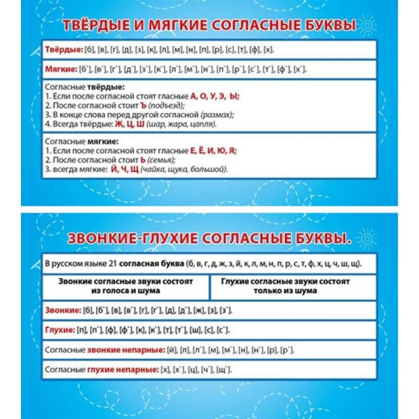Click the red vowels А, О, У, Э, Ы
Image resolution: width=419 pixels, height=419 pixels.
pos(215,96)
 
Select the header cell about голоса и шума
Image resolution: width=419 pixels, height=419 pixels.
pos(126,286)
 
